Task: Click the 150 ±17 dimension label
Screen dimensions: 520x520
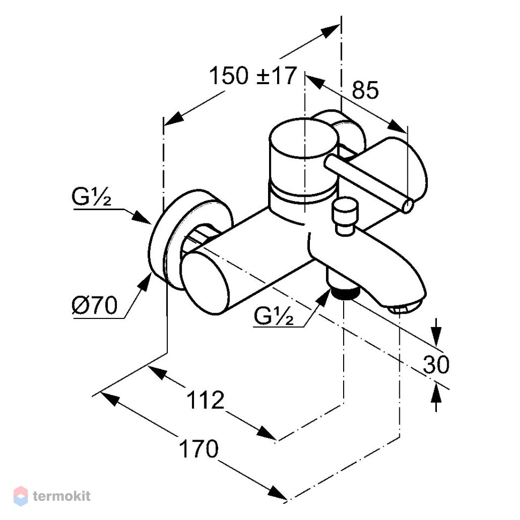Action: [252, 76]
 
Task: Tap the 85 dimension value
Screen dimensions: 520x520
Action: [365, 90]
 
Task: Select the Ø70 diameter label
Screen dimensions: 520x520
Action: [95, 305]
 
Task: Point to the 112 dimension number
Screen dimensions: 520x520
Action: [206, 400]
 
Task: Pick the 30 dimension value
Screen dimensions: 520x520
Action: [436, 364]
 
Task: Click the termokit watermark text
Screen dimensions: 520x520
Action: [62, 496]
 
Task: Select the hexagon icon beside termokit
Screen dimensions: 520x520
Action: [20, 496]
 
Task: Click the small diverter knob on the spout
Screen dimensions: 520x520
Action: [346, 216]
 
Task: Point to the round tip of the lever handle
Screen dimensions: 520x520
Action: [407, 206]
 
